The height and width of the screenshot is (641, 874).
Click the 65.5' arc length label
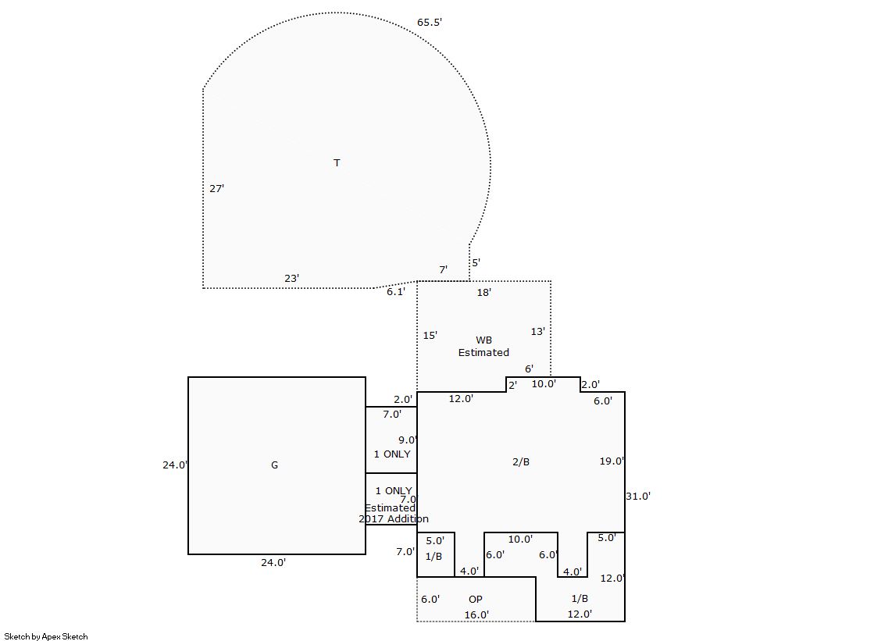[x=430, y=23]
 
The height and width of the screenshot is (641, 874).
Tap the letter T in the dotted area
[x=337, y=162]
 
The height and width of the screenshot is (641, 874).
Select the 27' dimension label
[x=216, y=188]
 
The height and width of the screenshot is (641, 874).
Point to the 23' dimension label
[x=291, y=278]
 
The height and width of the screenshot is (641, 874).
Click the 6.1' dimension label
[x=396, y=291]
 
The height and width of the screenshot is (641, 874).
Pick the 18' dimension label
[x=483, y=292]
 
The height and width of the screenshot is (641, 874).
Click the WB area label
[x=483, y=340]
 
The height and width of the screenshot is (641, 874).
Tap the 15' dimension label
[x=430, y=335]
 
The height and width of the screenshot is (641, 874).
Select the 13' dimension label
[x=537, y=332]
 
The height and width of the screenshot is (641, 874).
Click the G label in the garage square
[x=274, y=465]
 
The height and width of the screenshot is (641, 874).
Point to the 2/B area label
[x=521, y=461]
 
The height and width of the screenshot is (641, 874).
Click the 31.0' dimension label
[x=638, y=496]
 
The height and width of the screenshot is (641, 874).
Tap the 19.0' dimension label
[x=612, y=461]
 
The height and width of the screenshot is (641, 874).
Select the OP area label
[x=476, y=599]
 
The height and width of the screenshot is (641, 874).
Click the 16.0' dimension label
[x=476, y=614]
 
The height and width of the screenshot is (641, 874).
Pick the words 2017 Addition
[x=394, y=519]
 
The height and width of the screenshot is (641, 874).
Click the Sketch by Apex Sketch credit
[x=46, y=636]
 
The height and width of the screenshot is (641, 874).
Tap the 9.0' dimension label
[x=408, y=440]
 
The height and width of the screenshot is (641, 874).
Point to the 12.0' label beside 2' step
[x=461, y=398]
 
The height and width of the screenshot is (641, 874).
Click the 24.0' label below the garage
[x=273, y=563]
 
